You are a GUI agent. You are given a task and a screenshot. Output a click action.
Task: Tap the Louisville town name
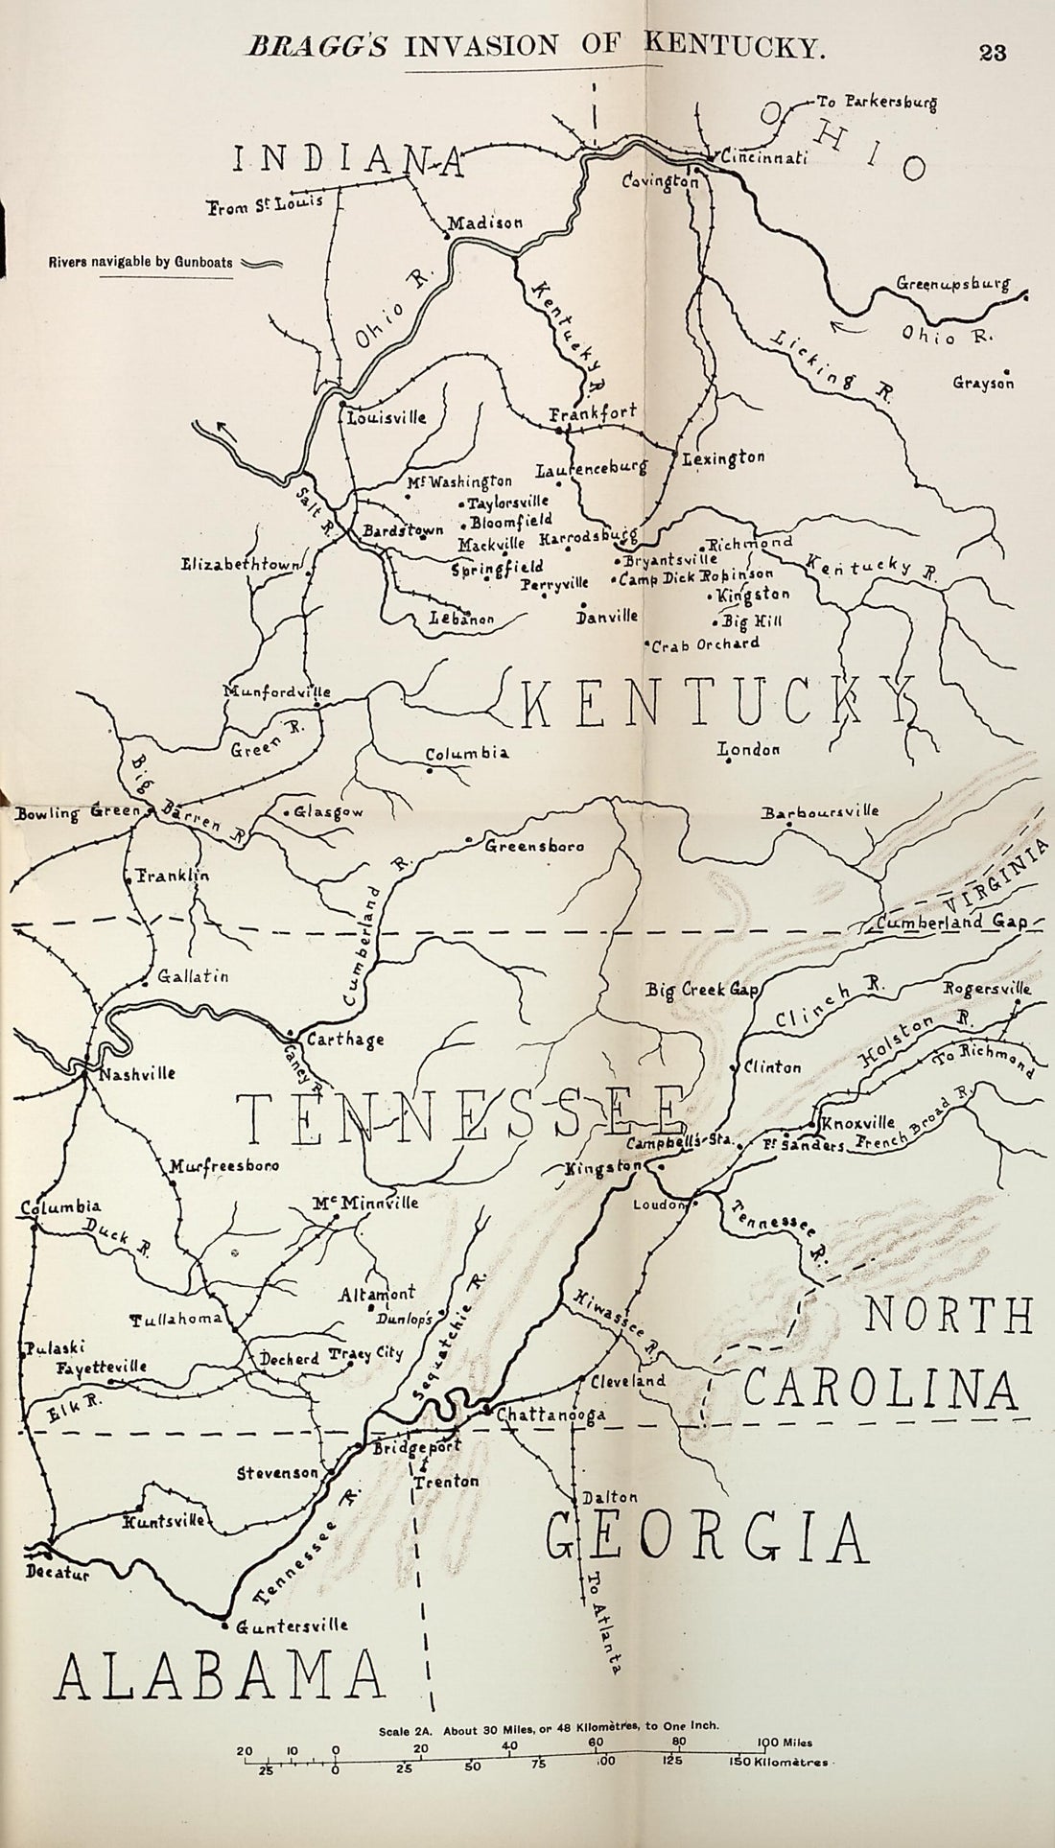click(x=387, y=418)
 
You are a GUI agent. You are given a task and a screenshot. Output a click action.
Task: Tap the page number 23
click(x=993, y=53)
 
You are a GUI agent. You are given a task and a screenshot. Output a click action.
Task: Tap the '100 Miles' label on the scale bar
click(x=785, y=1743)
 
